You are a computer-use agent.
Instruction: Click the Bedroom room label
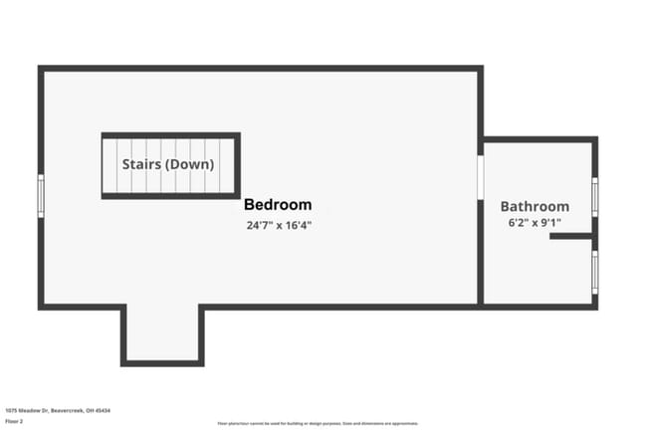point(278,205)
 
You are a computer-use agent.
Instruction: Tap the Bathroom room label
point(535,206)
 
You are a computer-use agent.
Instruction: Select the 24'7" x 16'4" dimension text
point(280,225)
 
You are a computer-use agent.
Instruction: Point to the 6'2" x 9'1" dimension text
point(536,223)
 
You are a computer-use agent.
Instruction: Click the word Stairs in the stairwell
point(141,164)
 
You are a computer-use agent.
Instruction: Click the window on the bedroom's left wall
point(41,195)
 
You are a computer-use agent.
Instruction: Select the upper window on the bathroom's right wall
point(594,196)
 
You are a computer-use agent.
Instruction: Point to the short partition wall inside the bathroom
point(570,237)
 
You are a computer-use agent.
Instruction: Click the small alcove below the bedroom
point(162,333)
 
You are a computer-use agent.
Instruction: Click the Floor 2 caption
point(15,421)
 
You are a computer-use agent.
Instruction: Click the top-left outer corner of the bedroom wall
point(41,69)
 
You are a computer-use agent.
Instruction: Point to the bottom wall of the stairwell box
point(170,196)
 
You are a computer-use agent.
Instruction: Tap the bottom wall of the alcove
point(162,363)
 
